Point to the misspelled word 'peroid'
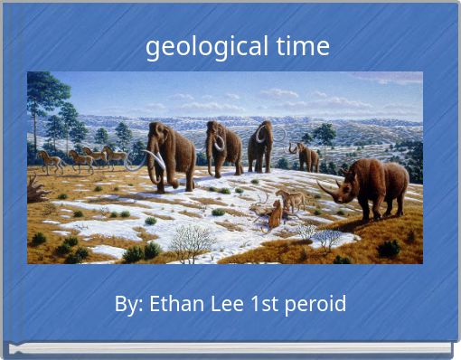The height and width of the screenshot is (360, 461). pyautogui.click(x=315, y=304)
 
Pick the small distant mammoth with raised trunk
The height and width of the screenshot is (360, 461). pyautogui.click(x=306, y=156)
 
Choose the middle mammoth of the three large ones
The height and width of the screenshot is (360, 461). pyautogui.click(x=223, y=147)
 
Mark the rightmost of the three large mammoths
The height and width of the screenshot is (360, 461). pyautogui.click(x=262, y=145)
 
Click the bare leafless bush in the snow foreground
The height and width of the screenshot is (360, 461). pyautogui.click(x=192, y=242)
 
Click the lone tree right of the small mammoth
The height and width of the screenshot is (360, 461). pyautogui.click(x=325, y=136)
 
